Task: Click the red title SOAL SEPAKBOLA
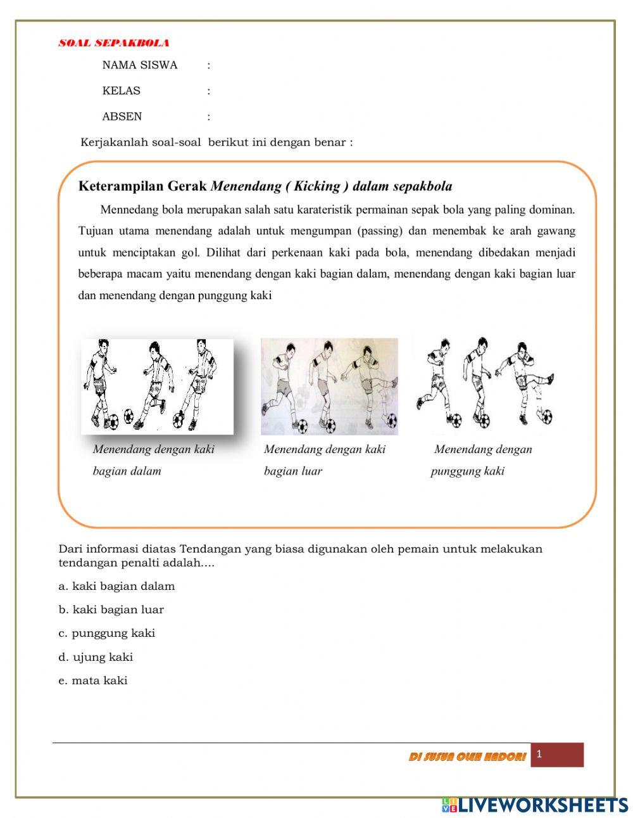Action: [x=114, y=43]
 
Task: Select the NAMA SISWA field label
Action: [x=140, y=65]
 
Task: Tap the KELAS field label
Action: [x=122, y=91]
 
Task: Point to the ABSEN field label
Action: [x=122, y=117]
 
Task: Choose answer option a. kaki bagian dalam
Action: [x=116, y=586]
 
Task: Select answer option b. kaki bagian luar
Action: [x=111, y=610]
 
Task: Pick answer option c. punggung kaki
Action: [x=106, y=633]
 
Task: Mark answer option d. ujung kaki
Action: [x=96, y=657]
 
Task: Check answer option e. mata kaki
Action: [x=93, y=681]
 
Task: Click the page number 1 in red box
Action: [x=539, y=754]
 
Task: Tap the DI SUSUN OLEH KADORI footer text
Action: [x=467, y=757]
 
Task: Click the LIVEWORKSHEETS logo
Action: [x=535, y=805]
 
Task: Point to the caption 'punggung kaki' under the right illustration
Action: [x=468, y=471]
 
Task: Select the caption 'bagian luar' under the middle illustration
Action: [x=293, y=471]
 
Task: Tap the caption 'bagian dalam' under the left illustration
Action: [x=127, y=471]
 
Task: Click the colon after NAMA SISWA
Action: [x=209, y=65]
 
